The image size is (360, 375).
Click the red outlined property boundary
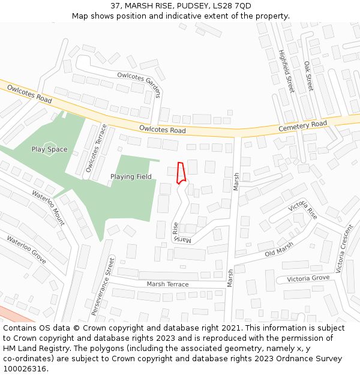point(181,172)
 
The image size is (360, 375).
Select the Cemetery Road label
point(302,127)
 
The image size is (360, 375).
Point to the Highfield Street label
point(286,70)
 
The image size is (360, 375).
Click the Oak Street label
point(308,76)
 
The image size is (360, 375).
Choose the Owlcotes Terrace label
point(96,148)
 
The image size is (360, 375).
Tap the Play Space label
point(49,149)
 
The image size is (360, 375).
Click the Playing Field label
point(131,177)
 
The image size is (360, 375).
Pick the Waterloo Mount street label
point(48,208)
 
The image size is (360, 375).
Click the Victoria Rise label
point(303,211)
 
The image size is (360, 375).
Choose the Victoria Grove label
point(308,278)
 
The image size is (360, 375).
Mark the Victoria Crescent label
point(344,249)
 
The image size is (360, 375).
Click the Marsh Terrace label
point(167,284)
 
